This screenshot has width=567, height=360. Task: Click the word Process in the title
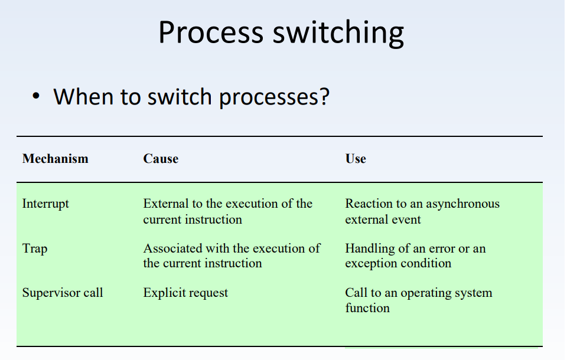tap(210, 33)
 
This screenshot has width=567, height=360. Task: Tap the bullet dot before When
tap(37, 96)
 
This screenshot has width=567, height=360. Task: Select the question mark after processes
tap(323, 96)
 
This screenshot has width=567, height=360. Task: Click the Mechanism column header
tap(55, 159)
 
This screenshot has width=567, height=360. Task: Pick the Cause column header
tap(161, 159)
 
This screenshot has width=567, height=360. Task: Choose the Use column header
tap(356, 159)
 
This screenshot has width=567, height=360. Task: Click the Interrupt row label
tap(45, 204)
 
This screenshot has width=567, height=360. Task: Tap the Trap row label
tap(35, 248)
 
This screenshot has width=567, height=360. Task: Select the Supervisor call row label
tap(63, 293)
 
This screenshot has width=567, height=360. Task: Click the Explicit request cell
tap(185, 293)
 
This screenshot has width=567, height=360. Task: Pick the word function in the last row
tap(367, 308)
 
